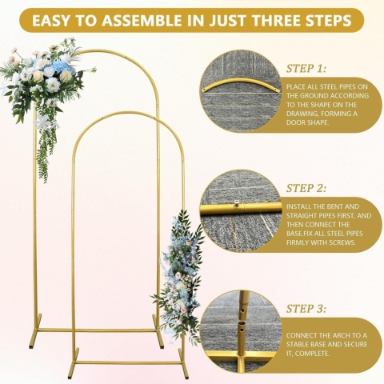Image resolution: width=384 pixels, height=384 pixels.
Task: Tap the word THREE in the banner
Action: pyautogui.click(x=281, y=21)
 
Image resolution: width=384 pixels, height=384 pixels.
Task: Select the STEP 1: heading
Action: pyautogui.click(x=306, y=69)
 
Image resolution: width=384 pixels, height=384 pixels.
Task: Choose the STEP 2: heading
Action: pyautogui.click(x=306, y=188)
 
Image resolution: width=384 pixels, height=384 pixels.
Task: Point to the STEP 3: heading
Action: pyautogui.click(x=306, y=309)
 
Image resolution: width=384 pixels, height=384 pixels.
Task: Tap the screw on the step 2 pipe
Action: pyautogui.click(x=236, y=203)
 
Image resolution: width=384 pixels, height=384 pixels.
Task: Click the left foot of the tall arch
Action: pyautogui.click(x=35, y=331)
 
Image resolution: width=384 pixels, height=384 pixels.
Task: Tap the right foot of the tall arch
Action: pyautogui.click(x=158, y=331)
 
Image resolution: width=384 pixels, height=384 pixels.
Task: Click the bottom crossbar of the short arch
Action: pyautogui.click(x=128, y=362)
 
